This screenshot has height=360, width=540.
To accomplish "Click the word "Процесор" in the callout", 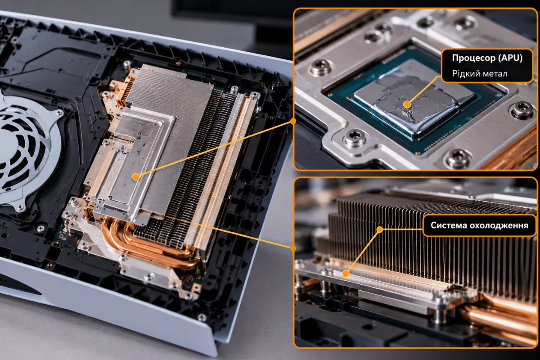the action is (470, 58).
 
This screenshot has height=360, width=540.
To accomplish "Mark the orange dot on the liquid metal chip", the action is (407, 104).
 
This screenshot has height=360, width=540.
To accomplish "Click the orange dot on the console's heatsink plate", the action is (136, 177).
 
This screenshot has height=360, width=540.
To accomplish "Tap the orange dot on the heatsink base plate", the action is (346, 274).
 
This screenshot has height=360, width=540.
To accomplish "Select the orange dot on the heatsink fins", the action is (380, 229).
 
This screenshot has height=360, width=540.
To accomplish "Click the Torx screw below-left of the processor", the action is (354, 139).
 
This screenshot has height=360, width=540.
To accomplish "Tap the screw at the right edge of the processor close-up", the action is (522, 110).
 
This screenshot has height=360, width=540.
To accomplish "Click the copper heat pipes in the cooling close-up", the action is (501, 318).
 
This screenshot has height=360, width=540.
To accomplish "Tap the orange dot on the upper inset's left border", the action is (293, 121).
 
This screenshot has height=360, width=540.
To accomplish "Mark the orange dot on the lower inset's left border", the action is (293, 248).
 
